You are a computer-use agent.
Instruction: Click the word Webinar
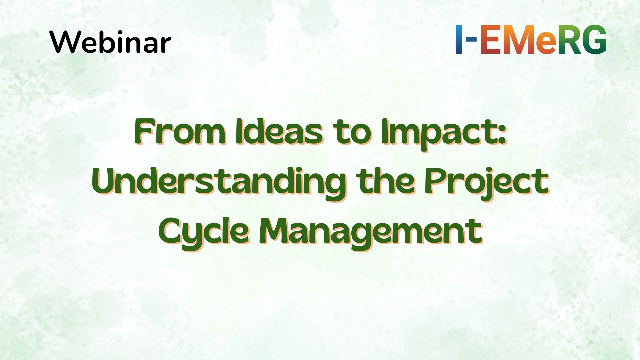(110, 42)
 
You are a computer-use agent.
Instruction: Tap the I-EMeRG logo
(531, 39)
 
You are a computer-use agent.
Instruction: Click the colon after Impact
(503, 135)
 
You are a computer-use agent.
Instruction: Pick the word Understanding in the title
(219, 182)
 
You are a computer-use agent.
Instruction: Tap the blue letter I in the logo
(459, 39)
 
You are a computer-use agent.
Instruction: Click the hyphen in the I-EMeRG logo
(471, 39)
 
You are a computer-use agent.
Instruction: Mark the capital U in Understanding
(105, 182)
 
